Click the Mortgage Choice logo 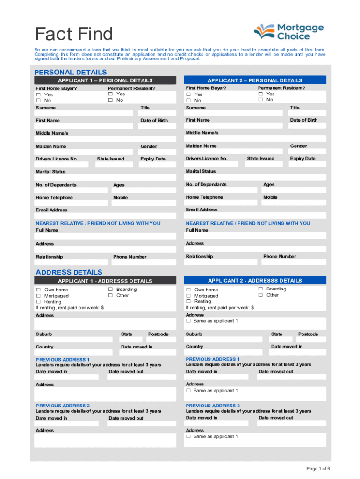288,31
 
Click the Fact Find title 74,34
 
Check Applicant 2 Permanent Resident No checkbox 260,100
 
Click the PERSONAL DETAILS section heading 71,72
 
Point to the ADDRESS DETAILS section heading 69,272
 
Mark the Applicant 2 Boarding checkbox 260,289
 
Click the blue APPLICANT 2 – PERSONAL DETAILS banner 255,80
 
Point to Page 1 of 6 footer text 318,468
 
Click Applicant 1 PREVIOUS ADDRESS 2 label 63,406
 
